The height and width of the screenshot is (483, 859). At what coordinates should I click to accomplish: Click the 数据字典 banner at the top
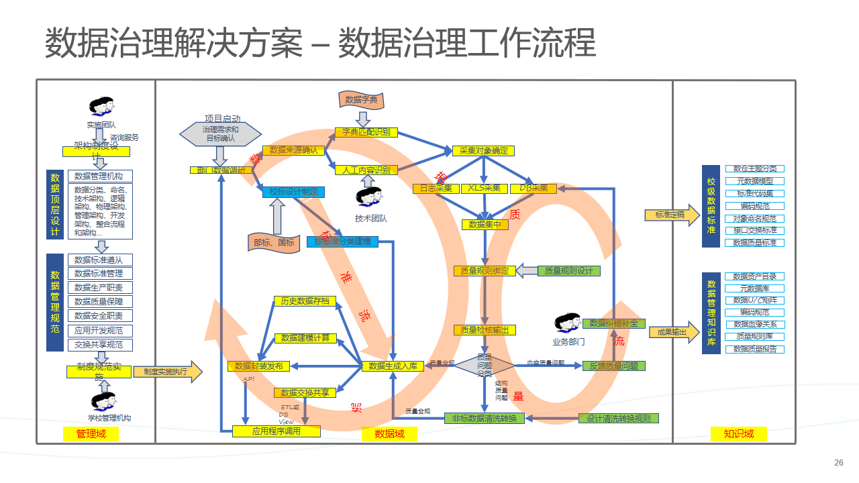tap(361, 101)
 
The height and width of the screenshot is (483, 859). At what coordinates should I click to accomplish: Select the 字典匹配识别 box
tap(366, 133)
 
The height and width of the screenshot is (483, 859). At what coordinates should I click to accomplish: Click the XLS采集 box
tap(484, 189)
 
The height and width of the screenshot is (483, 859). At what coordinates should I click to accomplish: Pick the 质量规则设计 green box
tap(568, 271)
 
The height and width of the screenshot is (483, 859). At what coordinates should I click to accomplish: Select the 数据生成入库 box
tap(393, 366)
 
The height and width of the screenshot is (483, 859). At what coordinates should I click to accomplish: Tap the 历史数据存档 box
tap(305, 301)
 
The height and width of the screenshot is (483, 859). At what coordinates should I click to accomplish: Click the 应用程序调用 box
tap(276, 431)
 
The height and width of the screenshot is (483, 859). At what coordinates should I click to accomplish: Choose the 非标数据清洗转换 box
tap(484, 419)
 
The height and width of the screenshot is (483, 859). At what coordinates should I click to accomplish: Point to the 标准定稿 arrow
tap(672, 215)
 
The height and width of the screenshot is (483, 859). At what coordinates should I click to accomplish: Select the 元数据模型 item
tap(755, 181)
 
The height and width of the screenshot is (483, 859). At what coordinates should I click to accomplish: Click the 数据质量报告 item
tap(755, 349)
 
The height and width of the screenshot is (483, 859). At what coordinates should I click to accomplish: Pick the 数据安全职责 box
tap(100, 316)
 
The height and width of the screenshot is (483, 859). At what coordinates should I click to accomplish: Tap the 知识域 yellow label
tap(739, 434)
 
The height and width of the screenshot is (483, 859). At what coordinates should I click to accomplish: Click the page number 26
tap(838, 463)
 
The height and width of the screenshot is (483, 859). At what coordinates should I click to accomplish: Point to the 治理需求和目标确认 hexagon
tap(221, 133)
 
